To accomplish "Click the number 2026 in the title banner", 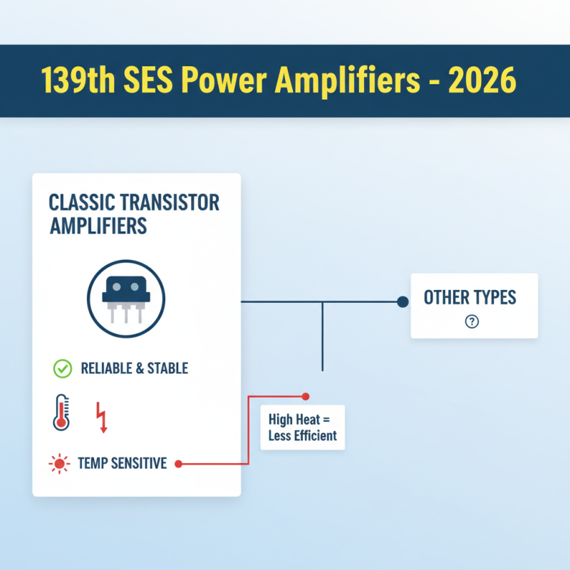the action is [482, 81].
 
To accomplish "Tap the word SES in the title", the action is [148, 81].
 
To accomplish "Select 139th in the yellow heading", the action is [78, 81].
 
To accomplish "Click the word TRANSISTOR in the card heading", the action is [170, 202].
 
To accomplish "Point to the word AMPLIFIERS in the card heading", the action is [98, 226].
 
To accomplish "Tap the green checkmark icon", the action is [63, 368].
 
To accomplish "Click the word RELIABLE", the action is [106, 368].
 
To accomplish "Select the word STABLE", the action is [167, 368].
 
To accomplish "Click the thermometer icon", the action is [61, 413].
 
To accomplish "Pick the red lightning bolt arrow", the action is [102, 418].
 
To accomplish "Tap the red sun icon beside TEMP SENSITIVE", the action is [59, 464].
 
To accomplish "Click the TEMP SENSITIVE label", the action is [123, 463].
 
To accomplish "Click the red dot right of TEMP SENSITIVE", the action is [179, 464].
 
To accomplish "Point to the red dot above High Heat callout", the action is [306, 396].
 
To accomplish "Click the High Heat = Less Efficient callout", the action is [302, 427].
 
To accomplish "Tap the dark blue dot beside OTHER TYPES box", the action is [403, 301].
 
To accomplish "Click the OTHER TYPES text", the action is [470, 297].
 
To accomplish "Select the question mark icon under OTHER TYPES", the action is [472, 321].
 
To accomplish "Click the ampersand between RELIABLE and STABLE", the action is [140, 368].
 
